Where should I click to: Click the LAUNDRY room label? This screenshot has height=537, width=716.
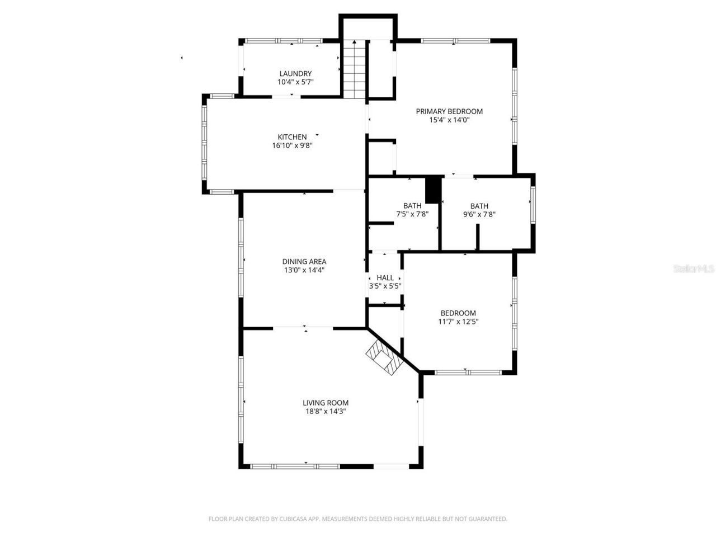tap(295, 73)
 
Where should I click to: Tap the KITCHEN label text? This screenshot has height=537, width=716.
tap(292, 137)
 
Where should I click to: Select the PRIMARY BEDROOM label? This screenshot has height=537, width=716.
tap(449, 111)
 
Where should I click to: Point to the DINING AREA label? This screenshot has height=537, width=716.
tap(304, 261)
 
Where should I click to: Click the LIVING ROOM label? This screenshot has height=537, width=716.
tap(326, 403)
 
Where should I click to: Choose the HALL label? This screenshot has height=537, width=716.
tap(385, 277)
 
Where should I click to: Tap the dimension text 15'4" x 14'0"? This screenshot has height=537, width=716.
tap(449, 120)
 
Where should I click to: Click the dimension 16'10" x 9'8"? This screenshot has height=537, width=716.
tap(292, 145)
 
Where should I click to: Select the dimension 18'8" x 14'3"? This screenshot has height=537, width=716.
tap(326, 411)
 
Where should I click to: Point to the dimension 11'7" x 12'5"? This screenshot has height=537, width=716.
tap(458, 322)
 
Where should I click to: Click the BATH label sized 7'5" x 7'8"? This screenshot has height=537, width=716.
tap(412, 206)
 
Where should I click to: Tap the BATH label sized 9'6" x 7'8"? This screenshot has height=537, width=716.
tap(479, 206)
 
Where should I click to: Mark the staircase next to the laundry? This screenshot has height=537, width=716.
tap(354, 69)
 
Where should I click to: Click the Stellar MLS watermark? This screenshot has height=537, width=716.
tap(694, 269)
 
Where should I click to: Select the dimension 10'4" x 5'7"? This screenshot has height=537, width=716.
tap(295, 82)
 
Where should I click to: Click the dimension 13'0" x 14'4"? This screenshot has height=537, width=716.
tap(304, 270)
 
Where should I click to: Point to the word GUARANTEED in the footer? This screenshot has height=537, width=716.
tap(488, 519)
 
